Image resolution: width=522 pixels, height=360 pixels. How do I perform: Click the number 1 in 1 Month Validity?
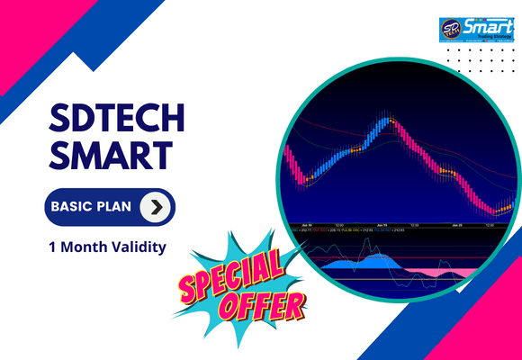pyautogui.click(x=53, y=246)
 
